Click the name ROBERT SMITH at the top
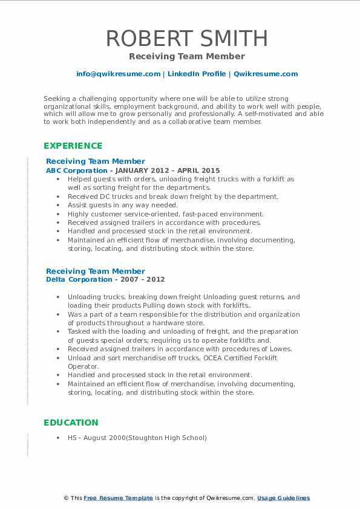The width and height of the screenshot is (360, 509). [186, 39]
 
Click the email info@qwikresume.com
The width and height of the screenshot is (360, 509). [118, 74]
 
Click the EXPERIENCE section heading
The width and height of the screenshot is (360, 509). [73, 146]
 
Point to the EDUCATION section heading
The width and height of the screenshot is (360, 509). [71, 423]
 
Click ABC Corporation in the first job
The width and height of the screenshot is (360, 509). [68, 170]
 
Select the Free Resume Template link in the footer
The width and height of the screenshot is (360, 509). [119, 498]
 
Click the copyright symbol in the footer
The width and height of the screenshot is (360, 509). [66, 498]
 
